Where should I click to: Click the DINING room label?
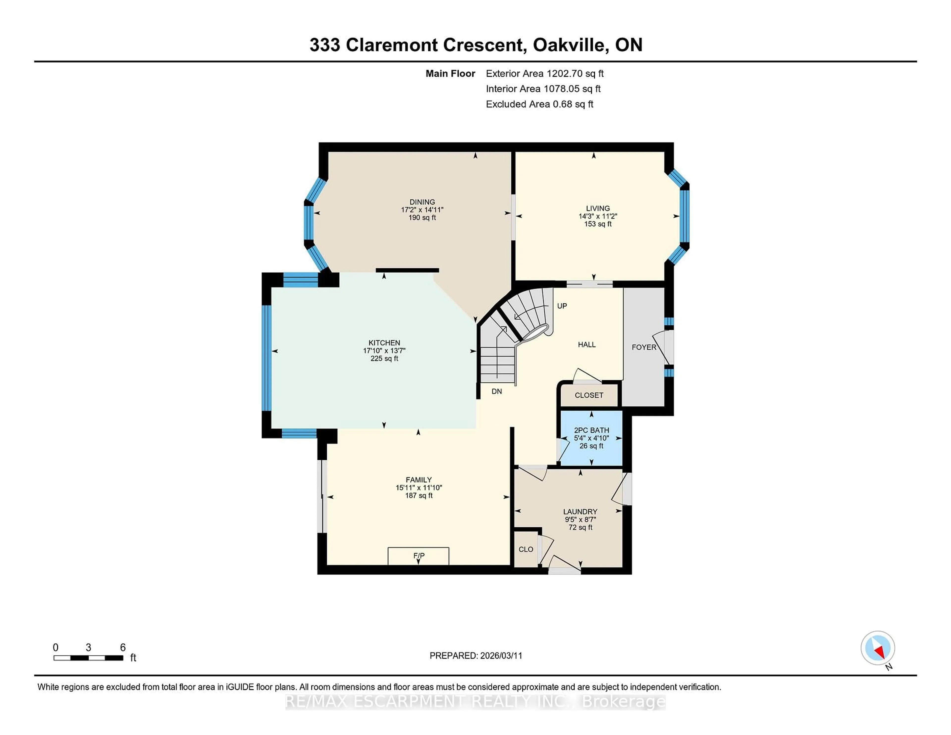tap(422, 202)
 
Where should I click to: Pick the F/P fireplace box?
tap(419, 556)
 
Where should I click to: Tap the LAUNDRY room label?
tap(580, 512)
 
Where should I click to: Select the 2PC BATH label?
tap(591, 430)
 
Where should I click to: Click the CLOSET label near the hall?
tap(589, 395)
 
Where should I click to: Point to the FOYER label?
tap(644, 347)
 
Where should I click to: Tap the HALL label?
tap(586, 344)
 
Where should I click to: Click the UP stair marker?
tap(562, 306)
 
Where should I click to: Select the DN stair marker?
tap(496, 392)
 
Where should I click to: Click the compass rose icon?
tap(877, 648)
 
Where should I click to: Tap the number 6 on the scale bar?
tap(123, 648)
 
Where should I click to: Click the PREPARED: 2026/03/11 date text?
tap(475, 656)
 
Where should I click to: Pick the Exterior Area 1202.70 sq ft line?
tap(544, 74)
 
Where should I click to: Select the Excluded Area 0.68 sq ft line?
tap(539, 104)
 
